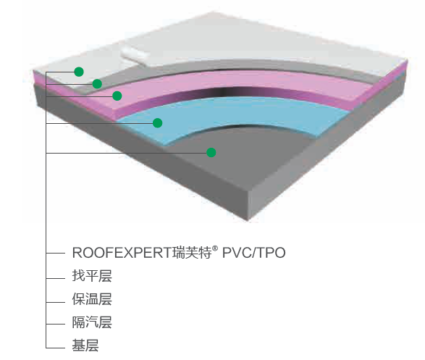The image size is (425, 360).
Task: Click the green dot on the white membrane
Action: point(79,72)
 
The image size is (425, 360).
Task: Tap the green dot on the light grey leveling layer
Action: point(97,84)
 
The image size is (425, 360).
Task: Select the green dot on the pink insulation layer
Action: point(117,96)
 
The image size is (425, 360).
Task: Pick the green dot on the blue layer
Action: point(158,123)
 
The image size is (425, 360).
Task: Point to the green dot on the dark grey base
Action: point(211,153)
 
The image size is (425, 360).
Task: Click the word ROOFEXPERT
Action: point(122,253)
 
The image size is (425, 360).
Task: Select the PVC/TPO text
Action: point(253,253)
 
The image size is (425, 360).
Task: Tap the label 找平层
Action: point(92,276)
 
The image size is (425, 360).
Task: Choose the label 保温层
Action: point(92,299)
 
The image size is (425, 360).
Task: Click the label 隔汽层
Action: point(92,322)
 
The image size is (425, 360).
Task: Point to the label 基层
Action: point(85,346)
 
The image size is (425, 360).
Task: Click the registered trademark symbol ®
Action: point(215,248)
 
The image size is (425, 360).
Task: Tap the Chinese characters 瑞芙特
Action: point(192,252)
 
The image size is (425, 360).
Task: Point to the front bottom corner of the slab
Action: point(248,220)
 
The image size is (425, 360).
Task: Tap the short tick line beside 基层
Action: point(55,348)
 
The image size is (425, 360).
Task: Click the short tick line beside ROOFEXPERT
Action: point(55,254)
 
